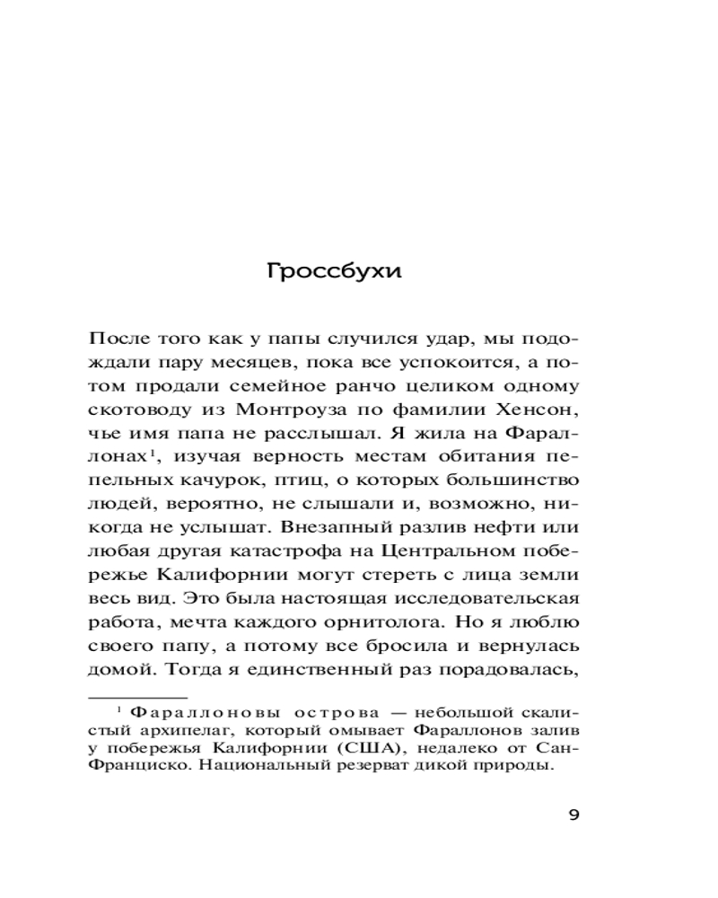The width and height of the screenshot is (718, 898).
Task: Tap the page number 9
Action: click(x=575, y=815)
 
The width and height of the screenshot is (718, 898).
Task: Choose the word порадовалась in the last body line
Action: click(x=518, y=668)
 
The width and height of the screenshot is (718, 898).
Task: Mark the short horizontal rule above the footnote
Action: click(x=137, y=697)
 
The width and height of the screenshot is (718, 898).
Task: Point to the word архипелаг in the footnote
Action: click(x=171, y=731)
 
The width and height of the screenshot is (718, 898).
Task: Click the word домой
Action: click(x=116, y=668)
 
